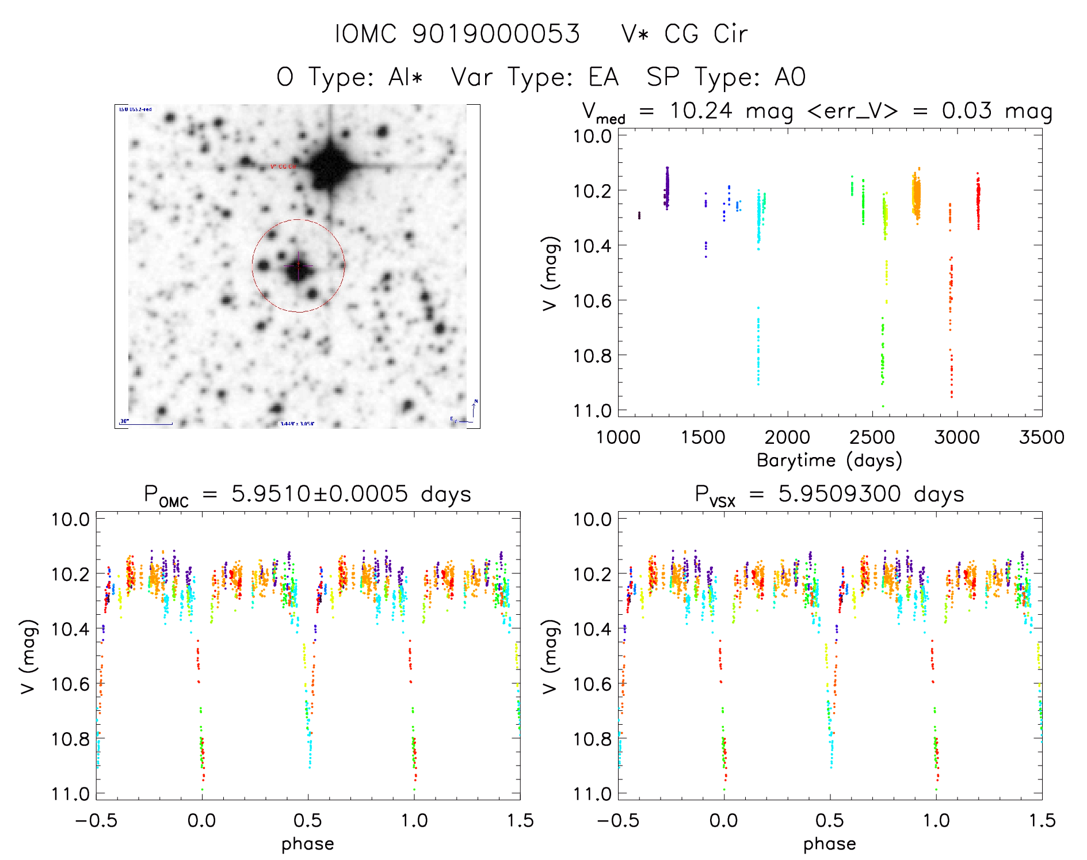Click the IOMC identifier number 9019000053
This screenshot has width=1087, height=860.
pos(496,34)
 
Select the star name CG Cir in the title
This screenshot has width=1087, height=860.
pos(705,34)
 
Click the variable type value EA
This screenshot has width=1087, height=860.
pos(603,77)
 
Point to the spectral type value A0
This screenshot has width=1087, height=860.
pos(790,77)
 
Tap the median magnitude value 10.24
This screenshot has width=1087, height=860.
pos(701,111)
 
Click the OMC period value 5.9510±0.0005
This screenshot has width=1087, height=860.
pos(319,494)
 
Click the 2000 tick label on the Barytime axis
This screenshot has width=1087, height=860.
pos(787,437)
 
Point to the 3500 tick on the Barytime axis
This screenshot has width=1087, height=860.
pos(1042,437)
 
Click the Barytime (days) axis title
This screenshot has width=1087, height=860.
pos(829,461)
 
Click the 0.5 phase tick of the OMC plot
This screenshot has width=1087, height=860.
pos(308,820)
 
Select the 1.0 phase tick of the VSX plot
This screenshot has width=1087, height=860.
pos(936,820)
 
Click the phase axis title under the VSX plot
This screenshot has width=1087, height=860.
pos(829,844)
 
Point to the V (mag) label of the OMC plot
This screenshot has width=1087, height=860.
pos(29,657)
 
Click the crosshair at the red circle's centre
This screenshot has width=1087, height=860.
pos(298,266)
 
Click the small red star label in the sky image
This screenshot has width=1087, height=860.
pos(284,167)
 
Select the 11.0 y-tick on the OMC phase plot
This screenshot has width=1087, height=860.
pos(70,794)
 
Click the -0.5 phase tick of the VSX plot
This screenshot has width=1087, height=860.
pos(618,820)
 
